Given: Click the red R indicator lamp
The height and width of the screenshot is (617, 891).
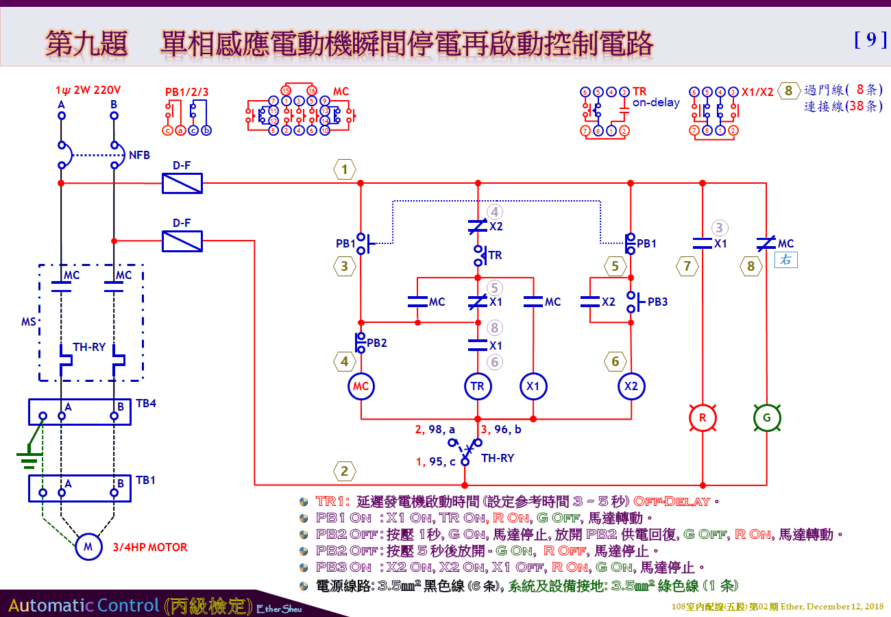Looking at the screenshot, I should click(x=703, y=418).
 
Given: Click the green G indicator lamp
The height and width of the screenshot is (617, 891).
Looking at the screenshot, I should click(x=766, y=418).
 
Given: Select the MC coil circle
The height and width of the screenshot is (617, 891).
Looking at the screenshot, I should click(x=361, y=386).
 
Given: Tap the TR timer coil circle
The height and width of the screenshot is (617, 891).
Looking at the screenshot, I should click(x=477, y=386).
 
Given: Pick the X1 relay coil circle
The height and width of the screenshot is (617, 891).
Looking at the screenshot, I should click(x=533, y=386).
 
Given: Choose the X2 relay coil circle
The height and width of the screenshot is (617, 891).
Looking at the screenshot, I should click(x=631, y=386).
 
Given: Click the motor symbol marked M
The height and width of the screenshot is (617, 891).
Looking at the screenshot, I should click(x=88, y=546).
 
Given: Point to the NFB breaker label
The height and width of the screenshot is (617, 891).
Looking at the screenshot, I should click(x=139, y=156).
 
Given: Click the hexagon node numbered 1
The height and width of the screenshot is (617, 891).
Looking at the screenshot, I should click(x=345, y=169).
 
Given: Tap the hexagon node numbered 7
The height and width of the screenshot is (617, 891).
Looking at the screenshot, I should click(x=687, y=266).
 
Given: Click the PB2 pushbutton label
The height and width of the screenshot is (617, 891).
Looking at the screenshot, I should click(x=377, y=343).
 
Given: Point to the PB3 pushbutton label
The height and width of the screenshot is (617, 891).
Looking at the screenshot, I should click(x=657, y=302).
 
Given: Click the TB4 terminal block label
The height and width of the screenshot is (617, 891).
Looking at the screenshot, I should click(x=145, y=403).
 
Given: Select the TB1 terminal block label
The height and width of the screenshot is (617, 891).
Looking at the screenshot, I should click(x=145, y=480).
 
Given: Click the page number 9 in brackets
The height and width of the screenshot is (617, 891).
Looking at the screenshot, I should click(x=870, y=40).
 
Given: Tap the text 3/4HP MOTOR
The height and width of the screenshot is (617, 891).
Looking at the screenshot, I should click(x=150, y=547).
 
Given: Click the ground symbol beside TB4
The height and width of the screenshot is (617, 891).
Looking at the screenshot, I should click(x=28, y=458).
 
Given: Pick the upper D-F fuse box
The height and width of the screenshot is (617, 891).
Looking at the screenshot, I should click(x=182, y=183).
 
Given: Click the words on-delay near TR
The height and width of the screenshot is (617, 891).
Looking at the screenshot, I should click(x=656, y=103).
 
